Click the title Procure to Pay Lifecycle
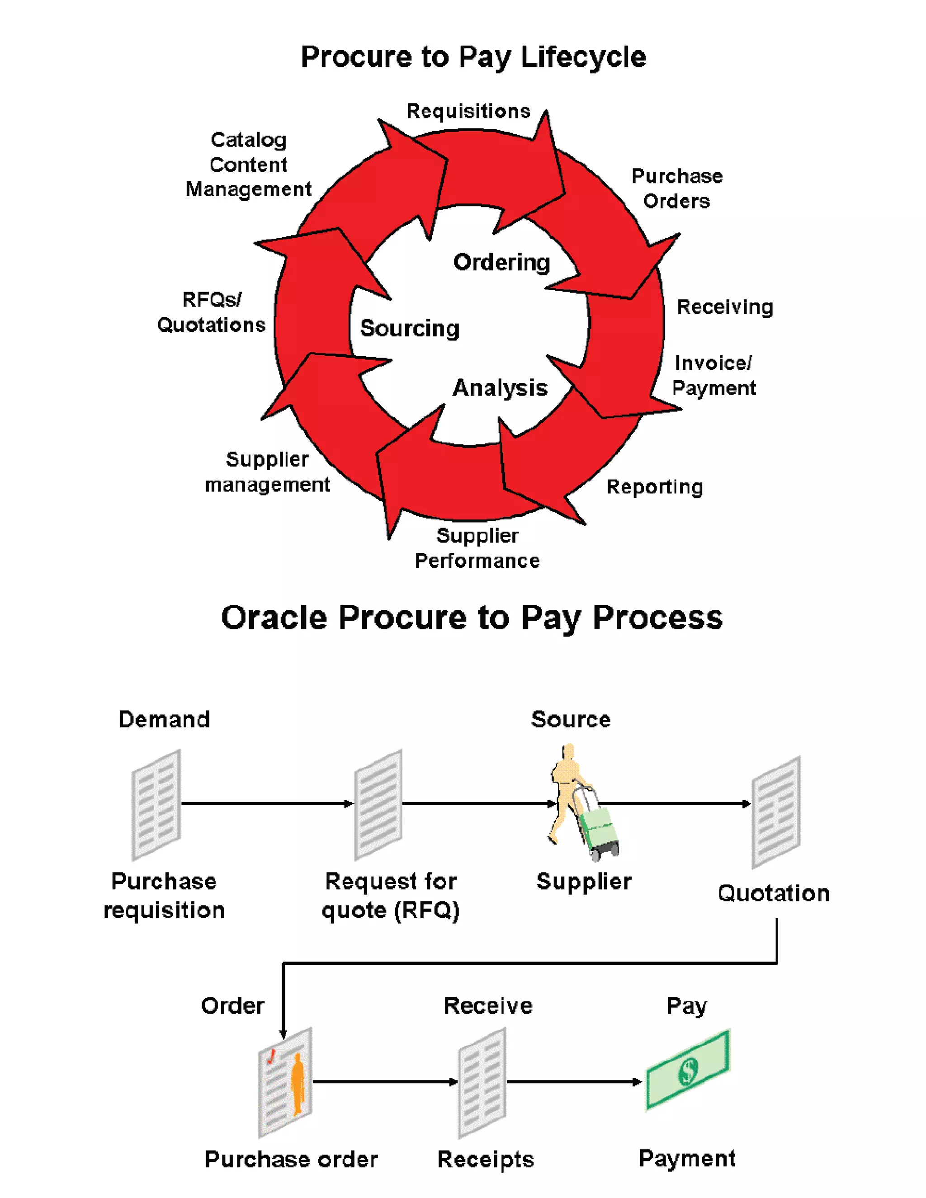pyautogui.click(x=473, y=57)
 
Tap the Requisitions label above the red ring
pyautogui.click(x=468, y=111)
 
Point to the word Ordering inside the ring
pyautogui.click(x=501, y=262)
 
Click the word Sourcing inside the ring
pyautogui.click(x=409, y=328)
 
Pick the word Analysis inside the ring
pyautogui.click(x=500, y=388)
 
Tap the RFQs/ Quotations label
pyautogui.click(x=211, y=312)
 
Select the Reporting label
pyautogui.click(x=654, y=487)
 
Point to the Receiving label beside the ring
pyautogui.click(x=725, y=307)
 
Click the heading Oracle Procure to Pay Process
pyautogui.click(x=472, y=618)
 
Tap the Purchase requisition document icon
pyautogui.click(x=156, y=804)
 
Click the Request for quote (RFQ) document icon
pyautogui.click(x=378, y=804)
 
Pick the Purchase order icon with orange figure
pyautogui.click(x=285, y=1082)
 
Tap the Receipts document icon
pyautogui.click(x=482, y=1083)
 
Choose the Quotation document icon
pyautogui.click(x=776, y=811)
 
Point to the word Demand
pyautogui.click(x=164, y=719)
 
